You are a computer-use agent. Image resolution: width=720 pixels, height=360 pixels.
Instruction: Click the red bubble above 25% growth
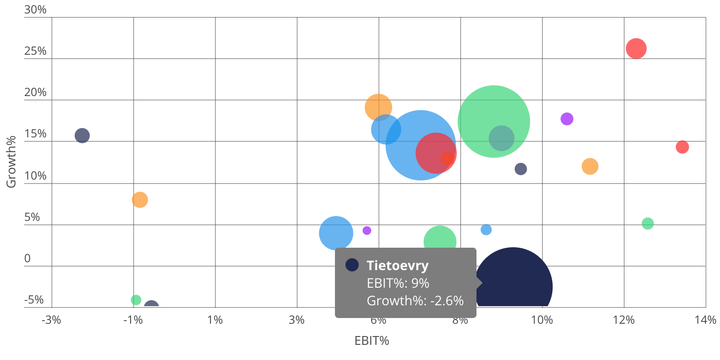(636, 48)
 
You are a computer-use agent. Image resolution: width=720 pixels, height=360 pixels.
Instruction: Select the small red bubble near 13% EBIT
(682, 147)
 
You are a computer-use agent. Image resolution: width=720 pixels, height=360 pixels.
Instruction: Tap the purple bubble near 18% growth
(567, 118)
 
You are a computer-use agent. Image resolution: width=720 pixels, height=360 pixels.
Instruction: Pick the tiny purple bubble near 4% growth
(366, 231)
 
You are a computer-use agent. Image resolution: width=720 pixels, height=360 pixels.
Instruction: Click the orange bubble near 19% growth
(378, 107)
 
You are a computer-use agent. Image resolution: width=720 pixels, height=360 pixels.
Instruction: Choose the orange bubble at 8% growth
(140, 200)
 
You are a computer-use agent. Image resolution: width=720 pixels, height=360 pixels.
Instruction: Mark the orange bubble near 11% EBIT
(590, 166)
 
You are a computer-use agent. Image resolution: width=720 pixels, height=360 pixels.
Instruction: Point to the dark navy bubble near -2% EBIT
(82, 135)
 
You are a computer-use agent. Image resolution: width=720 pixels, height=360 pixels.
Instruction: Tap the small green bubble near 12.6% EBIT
(647, 224)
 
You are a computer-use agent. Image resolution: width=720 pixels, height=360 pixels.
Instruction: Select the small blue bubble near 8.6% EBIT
(486, 230)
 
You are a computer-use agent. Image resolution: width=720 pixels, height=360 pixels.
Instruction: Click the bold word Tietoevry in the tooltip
(397, 265)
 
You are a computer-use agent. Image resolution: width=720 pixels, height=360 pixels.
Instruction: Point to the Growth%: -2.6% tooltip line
(415, 301)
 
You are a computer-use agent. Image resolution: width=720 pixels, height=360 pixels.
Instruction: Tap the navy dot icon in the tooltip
(352, 265)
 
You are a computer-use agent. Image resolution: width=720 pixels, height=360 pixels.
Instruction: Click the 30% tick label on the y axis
(35, 9)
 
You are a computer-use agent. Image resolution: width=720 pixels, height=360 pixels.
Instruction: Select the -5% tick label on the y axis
(34, 300)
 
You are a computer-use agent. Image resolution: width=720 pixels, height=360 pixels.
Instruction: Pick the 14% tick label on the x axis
(705, 320)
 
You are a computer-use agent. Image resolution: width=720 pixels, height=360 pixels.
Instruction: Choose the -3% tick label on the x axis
(51, 320)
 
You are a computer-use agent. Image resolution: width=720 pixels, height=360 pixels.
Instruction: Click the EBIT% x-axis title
(372, 341)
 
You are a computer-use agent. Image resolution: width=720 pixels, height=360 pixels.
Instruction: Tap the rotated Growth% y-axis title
(11, 161)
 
